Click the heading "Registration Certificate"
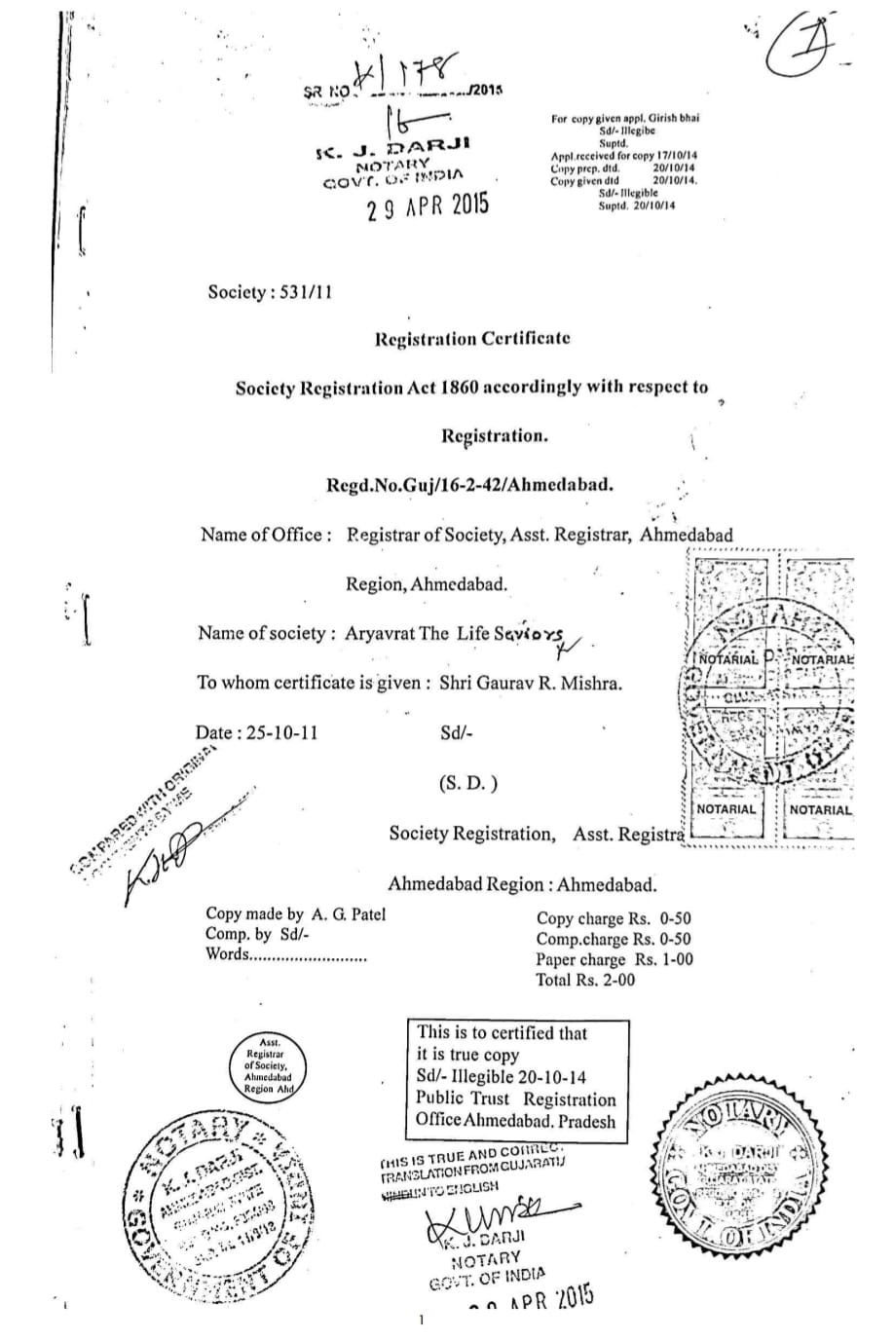(x=472, y=339)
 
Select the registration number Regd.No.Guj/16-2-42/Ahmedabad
(x=469, y=484)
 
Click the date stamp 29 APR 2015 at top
(x=428, y=207)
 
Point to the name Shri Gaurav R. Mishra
(x=530, y=683)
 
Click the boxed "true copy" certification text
(x=516, y=1076)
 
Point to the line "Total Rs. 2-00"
(x=584, y=980)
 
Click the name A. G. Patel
(x=348, y=913)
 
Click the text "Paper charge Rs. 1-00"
(x=615, y=959)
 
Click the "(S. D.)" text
(x=469, y=783)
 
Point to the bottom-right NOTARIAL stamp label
(x=820, y=809)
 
